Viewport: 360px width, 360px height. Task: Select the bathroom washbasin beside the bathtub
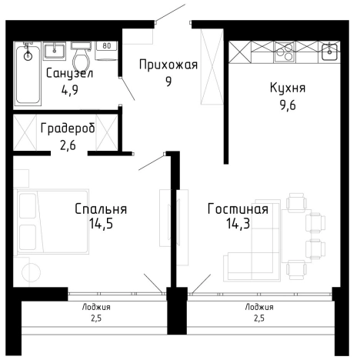(55, 52)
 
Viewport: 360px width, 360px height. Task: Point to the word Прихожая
(168, 65)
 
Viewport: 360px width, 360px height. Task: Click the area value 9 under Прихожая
(168, 81)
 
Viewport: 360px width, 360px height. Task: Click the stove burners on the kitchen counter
(284, 53)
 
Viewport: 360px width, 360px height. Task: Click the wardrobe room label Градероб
(68, 128)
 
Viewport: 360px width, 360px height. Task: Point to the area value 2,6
(68, 143)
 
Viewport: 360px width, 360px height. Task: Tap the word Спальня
(101, 209)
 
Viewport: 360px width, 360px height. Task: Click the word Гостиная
(238, 209)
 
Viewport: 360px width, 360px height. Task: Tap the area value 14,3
(238, 224)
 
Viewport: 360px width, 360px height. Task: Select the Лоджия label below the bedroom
(96, 306)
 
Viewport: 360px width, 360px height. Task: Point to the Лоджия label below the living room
(259, 306)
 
